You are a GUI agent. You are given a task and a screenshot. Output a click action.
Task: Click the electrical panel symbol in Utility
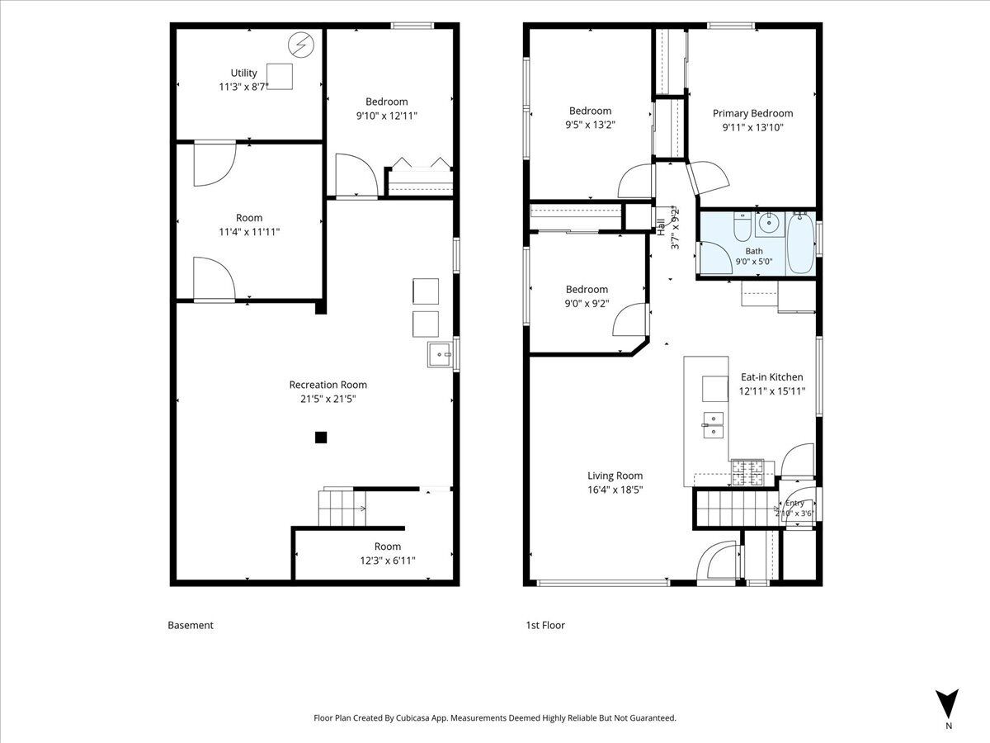coord(301,45)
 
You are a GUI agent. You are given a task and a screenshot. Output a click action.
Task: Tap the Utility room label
coord(243,73)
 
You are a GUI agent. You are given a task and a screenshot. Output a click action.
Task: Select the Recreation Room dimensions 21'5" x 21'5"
coord(328,399)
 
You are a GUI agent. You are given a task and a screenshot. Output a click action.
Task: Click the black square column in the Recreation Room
coord(321,438)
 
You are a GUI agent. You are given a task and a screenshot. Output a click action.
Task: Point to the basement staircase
coord(342,508)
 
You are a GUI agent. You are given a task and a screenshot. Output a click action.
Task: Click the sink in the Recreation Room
coord(441,355)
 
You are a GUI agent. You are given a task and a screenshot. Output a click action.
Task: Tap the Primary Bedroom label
coord(752,114)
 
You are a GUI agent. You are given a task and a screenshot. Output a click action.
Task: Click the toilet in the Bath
coord(742,227)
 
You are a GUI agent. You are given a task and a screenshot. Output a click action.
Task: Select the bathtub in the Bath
coord(800,244)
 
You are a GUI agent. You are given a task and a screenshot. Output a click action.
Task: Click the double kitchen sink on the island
coord(713,425)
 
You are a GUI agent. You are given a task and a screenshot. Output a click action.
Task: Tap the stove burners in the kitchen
coord(747,473)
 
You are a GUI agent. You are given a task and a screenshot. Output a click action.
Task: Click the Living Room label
coord(615,476)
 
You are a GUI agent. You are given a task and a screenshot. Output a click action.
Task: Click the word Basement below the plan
coord(191,625)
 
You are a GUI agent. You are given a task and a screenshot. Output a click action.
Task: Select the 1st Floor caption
coord(545,625)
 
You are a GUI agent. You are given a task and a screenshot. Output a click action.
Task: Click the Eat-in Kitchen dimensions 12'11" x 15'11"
coord(772,391)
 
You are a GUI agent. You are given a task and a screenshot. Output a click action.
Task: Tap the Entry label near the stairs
coord(794,503)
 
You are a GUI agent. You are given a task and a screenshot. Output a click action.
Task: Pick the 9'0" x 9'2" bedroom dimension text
coord(587,304)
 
